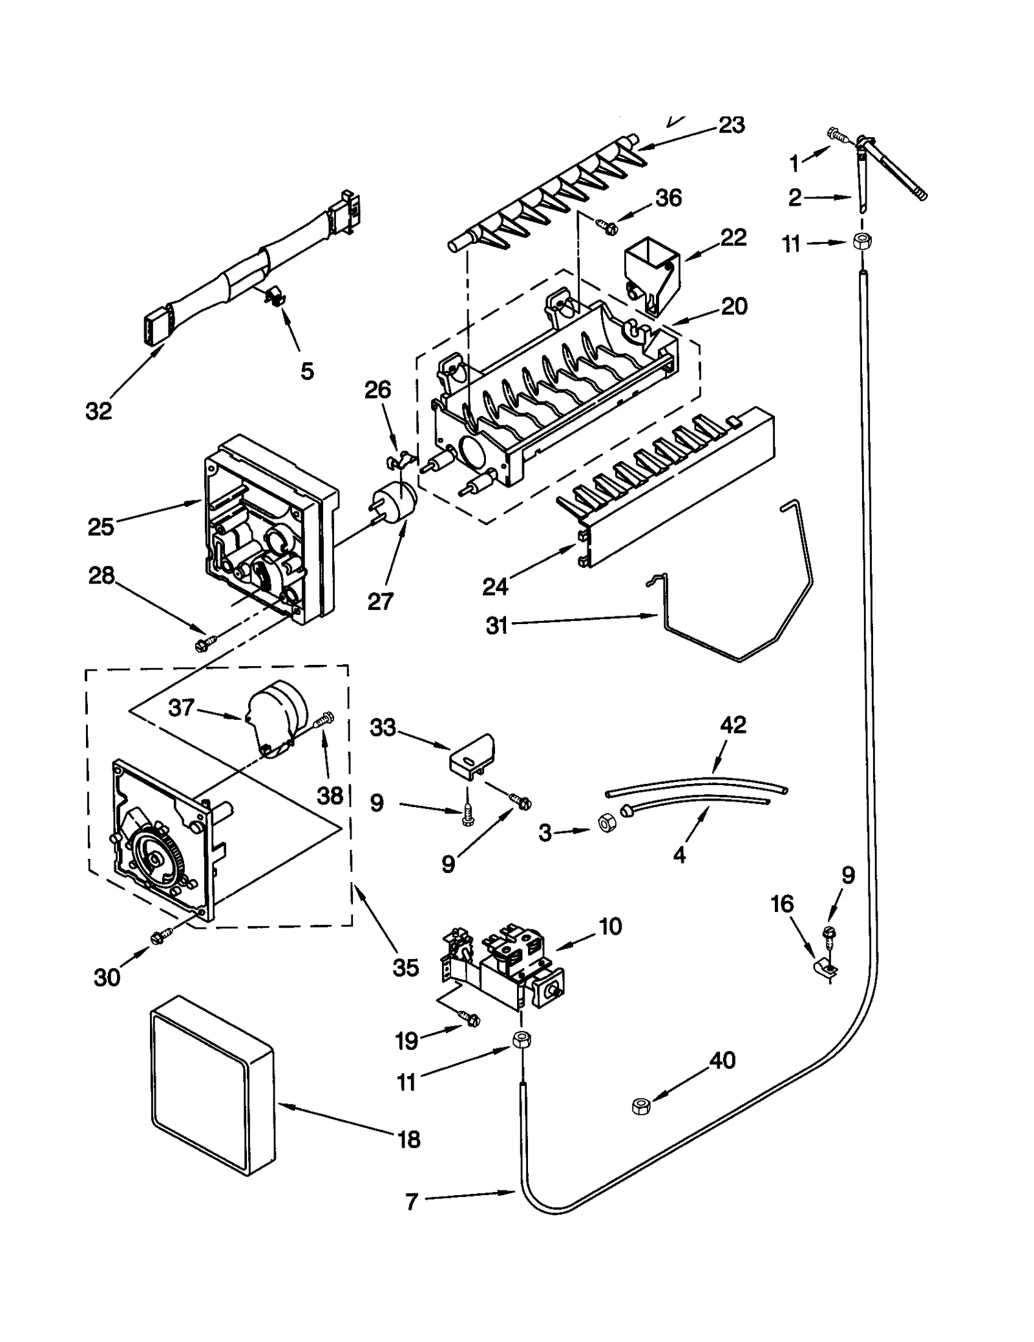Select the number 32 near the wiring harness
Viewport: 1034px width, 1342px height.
tap(99, 411)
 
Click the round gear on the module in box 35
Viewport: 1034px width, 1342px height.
tap(155, 858)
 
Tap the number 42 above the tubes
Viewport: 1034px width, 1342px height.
tap(732, 724)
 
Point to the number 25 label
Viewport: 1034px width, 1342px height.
tap(101, 526)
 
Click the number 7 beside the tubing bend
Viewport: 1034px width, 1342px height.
tap(412, 1202)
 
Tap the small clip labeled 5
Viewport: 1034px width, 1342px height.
tap(276, 298)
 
